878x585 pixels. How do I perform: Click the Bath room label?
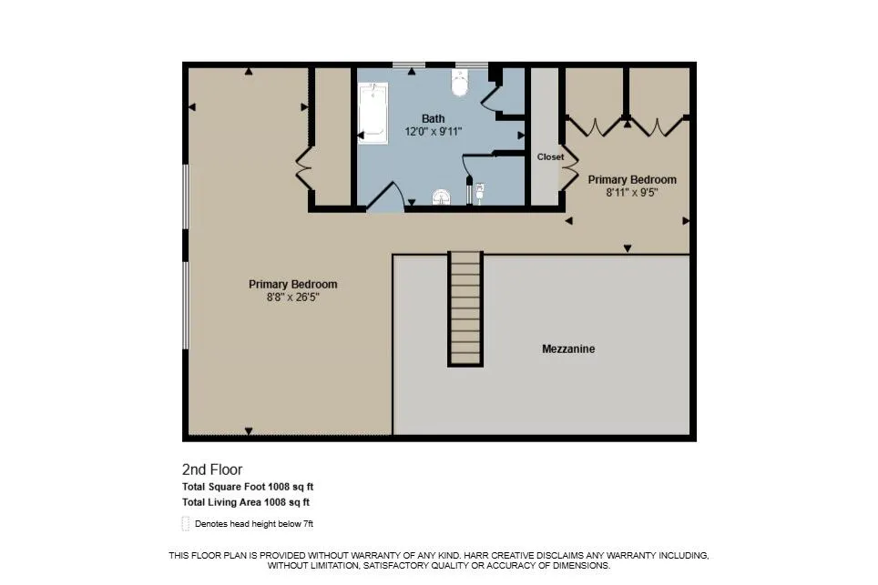433,118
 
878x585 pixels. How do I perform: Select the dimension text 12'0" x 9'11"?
433,132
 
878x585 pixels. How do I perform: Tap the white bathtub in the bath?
373,113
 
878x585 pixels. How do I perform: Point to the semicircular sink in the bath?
442,197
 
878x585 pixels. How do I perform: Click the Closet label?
550,157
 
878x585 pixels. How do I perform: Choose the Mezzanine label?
568,349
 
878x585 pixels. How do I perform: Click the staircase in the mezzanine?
465,308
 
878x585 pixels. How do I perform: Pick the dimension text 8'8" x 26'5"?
293,298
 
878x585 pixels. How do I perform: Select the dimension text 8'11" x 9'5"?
631,193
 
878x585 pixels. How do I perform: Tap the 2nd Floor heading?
212,469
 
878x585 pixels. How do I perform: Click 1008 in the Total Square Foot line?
279,487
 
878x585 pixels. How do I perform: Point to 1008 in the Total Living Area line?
275,502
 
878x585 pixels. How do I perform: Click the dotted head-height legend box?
186,523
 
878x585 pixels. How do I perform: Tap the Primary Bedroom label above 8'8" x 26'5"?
293,284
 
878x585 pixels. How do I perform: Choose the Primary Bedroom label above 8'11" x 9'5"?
632,179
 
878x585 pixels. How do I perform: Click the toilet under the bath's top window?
460,83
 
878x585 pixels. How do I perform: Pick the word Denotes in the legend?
209,524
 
